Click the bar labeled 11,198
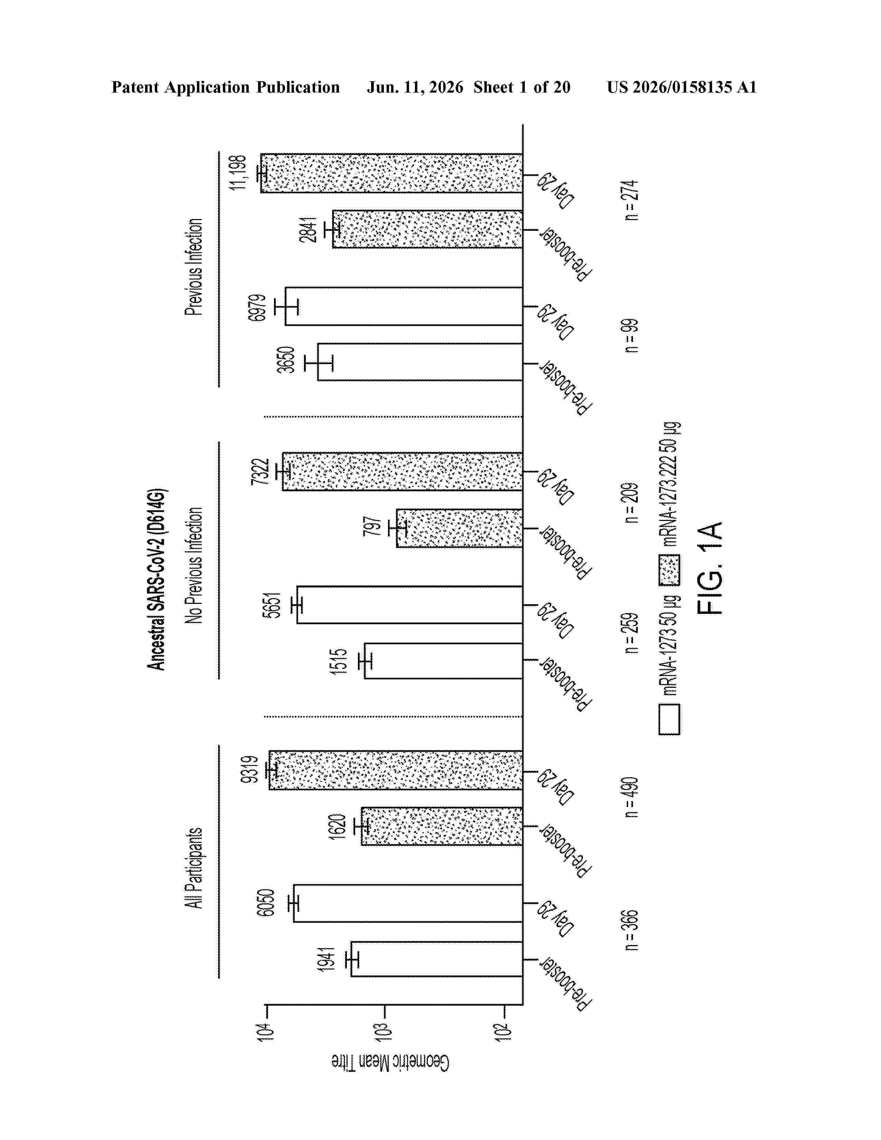coord(391,173)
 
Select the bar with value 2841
coord(427,229)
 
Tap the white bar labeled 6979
coord(404,306)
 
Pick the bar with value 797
coord(459,528)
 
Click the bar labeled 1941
coord(437,959)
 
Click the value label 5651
coord(272,605)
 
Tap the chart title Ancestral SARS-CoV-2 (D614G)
coord(156,579)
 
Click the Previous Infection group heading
coord(193,267)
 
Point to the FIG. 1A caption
coord(710,568)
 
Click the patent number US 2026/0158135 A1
coord(682,87)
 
